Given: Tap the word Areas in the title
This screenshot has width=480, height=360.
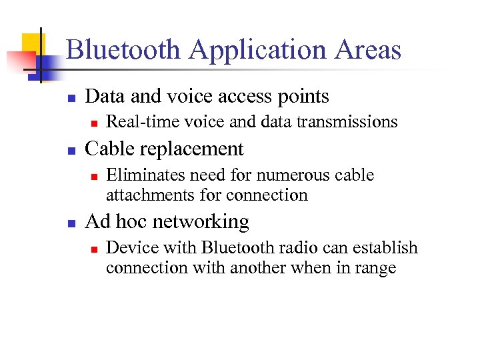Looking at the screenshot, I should point(369,50).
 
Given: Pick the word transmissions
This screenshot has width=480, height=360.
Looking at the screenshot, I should point(357,122).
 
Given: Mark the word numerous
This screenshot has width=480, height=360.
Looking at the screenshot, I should point(294,175).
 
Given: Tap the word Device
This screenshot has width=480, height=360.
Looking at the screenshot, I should point(127,248).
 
